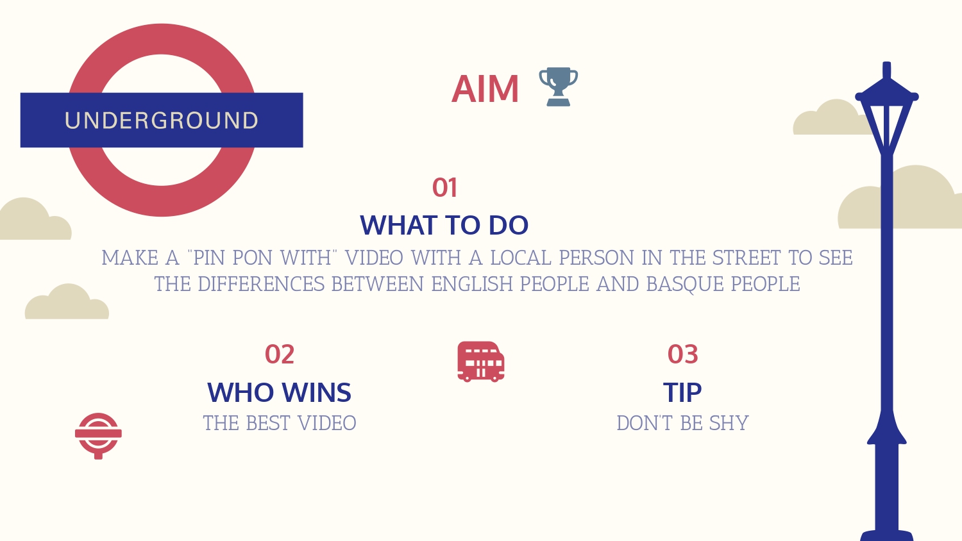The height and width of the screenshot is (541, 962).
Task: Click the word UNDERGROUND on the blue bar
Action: [162, 121]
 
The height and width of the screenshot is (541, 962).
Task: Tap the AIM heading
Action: [485, 89]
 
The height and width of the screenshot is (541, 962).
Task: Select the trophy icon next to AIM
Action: [559, 87]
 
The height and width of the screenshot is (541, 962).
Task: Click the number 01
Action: [444, 188]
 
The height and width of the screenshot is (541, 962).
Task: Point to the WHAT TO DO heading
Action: [444, 225]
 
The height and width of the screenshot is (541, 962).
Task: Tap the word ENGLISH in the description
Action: [472, 284]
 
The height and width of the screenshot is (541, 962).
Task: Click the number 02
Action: [280, 354]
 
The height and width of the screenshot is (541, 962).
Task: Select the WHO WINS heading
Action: [279, 392]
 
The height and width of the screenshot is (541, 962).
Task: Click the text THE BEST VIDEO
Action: [280, 423]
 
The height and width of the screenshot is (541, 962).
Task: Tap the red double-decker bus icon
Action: [481, 362]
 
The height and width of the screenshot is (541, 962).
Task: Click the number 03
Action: [683, 354]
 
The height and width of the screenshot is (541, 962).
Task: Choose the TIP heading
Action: [682, 392]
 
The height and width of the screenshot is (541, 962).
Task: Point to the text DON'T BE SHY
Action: [683, 423]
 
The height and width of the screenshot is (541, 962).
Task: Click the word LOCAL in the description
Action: [521, 258]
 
